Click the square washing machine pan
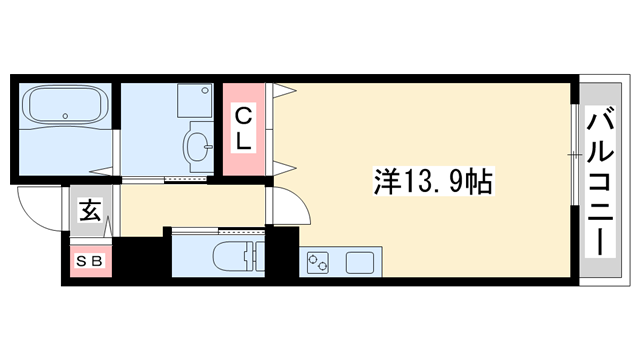pyautogui.click(x=192, y=99)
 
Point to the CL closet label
pyautogui.click(x=243, y=129)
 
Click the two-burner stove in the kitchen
pyautogui.click(x=320, y=263)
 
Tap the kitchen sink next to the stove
pyautogui.click(x=359, y=263)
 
